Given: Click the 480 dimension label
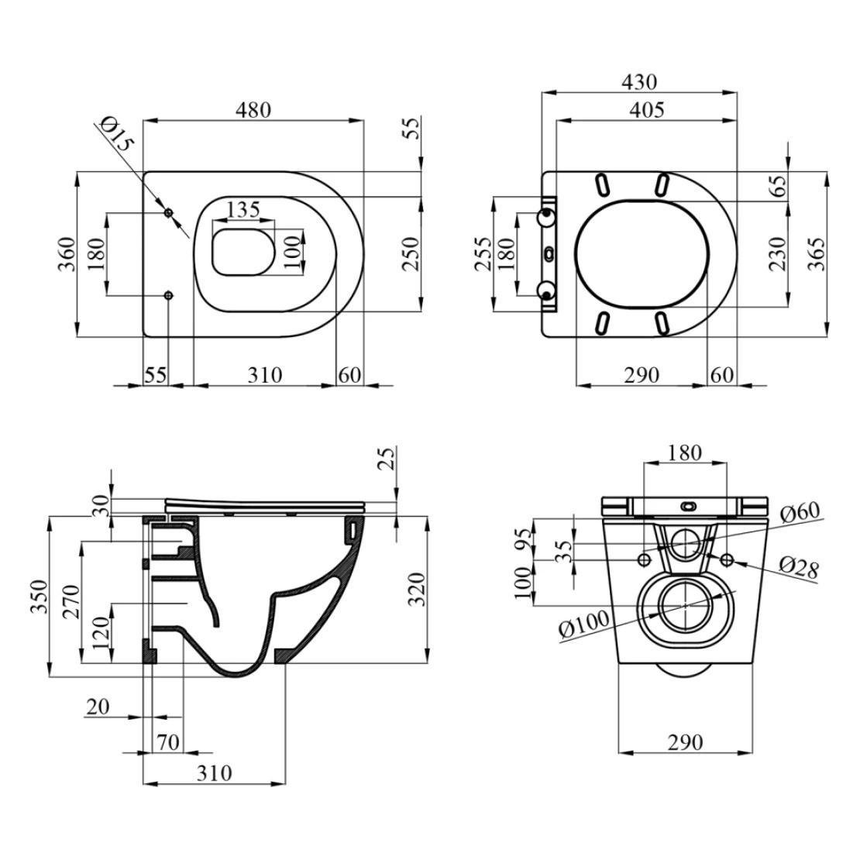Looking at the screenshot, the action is (x=253, y=110).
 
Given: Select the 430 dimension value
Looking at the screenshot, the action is (x=639, y=81).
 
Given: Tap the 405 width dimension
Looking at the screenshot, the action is (x=647, y=110).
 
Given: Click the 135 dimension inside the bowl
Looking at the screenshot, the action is (x=243, y=209).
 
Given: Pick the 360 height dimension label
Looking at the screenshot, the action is (x=67, y=254).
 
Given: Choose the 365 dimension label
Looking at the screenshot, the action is (x=817, y=254).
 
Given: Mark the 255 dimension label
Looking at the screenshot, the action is (x=483, y=254).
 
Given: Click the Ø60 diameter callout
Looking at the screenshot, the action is (x=800, y=512).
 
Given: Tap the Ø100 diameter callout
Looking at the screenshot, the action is (x=583, y=624).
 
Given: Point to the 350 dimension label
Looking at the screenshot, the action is (x=40, y=596).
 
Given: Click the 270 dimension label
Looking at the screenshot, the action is (x=71, y=602).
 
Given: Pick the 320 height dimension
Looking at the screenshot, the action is (x=418, y=589).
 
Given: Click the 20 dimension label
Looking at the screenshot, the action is (x=98, y=707).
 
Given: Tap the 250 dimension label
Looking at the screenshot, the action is (x=411, y=254).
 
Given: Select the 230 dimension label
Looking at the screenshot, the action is (x=778, y=254).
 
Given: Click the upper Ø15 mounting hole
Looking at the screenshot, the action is (x=169, y=212).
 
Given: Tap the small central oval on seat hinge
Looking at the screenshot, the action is (x=549, y=253).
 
